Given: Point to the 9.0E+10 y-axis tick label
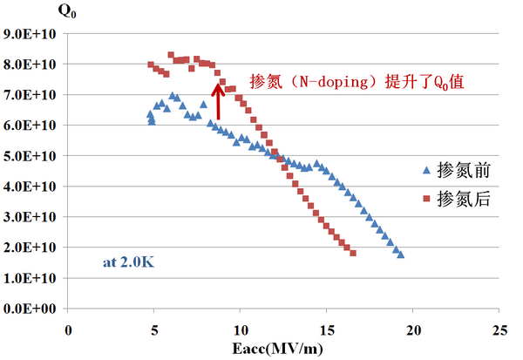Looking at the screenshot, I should point(31,34).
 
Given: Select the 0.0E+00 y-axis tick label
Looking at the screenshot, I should point(31,309).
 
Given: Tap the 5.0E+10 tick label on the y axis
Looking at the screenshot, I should point(31,156).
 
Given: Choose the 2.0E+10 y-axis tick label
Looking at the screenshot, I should point(31,248).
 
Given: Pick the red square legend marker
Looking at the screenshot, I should point(426,199).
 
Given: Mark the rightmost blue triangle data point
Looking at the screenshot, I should point(400,254).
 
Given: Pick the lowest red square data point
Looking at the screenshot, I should point(353,253).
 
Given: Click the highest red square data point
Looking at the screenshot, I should point(171,55).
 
